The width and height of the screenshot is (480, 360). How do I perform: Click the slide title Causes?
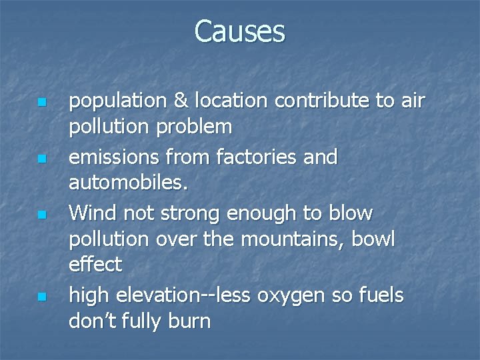pyautogui.click(x=240, y=31)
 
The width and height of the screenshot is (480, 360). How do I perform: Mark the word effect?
pyautogui.click(x=95, y=265)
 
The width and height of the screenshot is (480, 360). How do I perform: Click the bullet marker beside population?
pyautogui.click(x=41, y=103)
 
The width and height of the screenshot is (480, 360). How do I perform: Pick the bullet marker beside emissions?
pyautogui.click(x=41, y=159)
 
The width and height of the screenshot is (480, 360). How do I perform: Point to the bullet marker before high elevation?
pyautogui.click(x=41, y=296)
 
